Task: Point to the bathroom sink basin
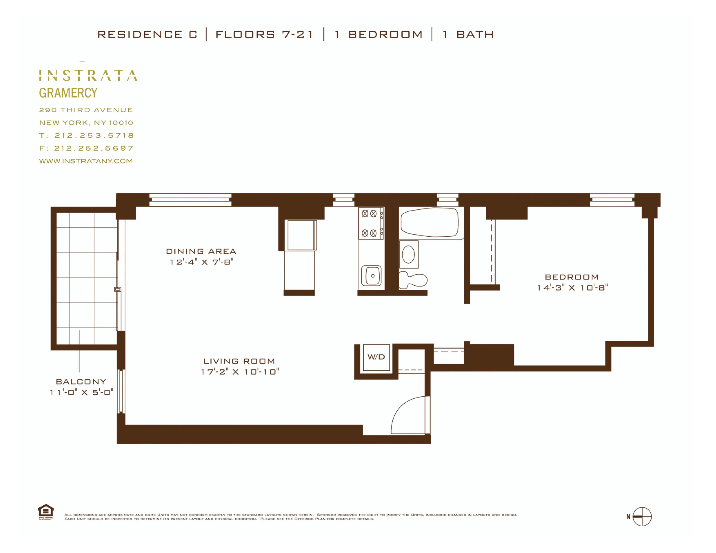[409, 254]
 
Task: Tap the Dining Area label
[201, 251]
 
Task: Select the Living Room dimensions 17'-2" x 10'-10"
[240, 372]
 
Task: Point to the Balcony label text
[81, 382]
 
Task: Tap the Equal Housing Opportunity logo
[46, 512]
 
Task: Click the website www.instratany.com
[86, 161]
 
